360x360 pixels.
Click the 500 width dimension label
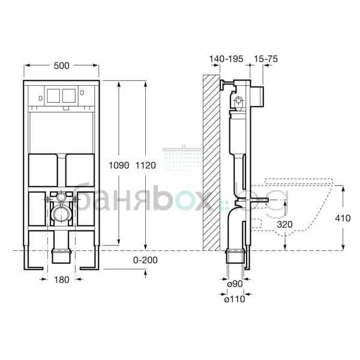61,65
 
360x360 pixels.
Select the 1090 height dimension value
119,166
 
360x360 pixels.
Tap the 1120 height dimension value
145,166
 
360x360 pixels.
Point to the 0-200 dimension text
145,260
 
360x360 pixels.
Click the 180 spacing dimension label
62,280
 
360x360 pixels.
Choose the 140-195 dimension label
226,59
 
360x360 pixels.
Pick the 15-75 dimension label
266,59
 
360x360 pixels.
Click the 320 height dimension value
284,224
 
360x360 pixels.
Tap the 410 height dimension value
343,218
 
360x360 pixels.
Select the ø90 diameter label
235,284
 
